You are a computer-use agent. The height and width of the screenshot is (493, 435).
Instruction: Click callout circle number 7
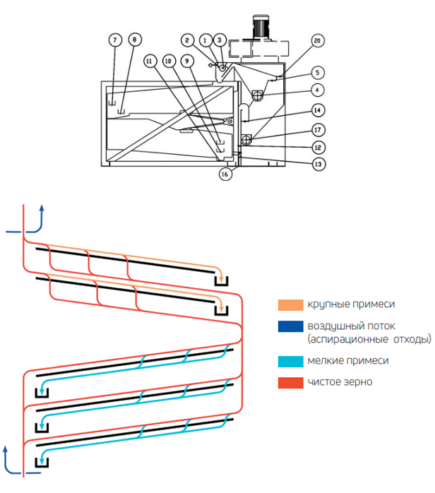(x=115, y=41)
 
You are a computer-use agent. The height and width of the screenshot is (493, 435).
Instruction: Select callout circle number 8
(x=134, y=41)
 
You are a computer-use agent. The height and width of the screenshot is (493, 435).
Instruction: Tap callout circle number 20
(x=317, y=41)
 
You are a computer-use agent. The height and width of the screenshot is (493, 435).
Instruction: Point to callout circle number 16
(x=225, y=174)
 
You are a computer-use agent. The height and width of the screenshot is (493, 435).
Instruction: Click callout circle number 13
(x=319, y=162)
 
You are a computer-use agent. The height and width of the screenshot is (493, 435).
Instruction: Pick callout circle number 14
(x=319, y=111)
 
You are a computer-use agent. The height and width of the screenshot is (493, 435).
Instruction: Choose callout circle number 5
(x=319, y=72)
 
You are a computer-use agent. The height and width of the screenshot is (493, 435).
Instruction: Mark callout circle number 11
(x=149, y=61)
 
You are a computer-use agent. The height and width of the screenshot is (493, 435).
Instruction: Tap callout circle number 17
(x=319, y=129)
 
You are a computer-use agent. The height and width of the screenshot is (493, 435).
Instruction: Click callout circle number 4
(x=319, y=90)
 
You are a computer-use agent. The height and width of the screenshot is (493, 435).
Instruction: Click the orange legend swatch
(x=289, y=305)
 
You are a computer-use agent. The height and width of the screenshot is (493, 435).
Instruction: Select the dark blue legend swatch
(x=289, y=327)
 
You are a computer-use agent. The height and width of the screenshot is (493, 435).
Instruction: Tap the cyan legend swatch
(x=289, y=360)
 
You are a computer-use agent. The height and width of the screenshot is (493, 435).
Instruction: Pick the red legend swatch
(x=289, y=382)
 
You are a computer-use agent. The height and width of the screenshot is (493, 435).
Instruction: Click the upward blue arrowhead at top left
(x=42, y=209)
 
